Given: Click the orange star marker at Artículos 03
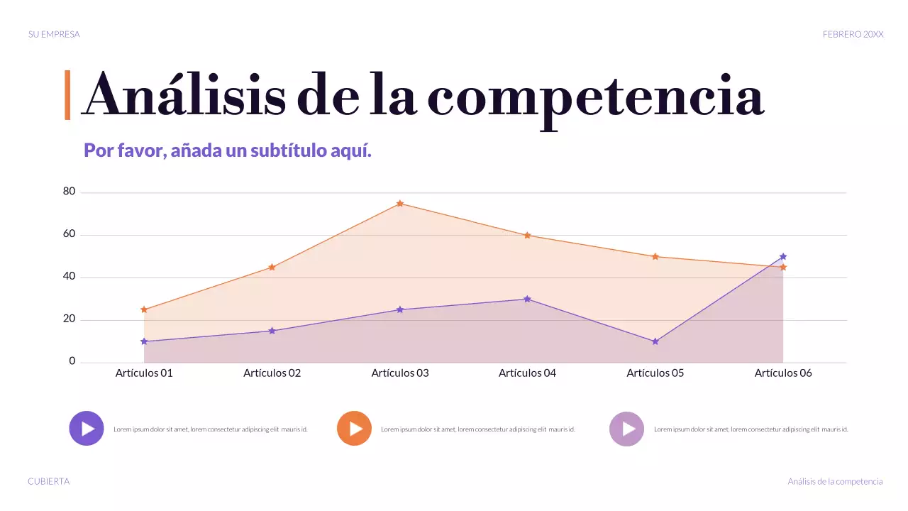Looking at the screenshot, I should (x=400, y=204).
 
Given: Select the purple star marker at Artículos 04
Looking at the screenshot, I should (x=527, y=299).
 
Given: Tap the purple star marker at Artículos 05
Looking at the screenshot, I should (x=655, y=341).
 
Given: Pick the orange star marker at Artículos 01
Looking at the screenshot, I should (x=144, y=309).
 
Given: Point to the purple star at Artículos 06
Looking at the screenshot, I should (x=783, y=256).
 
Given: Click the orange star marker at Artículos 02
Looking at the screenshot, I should (x=272, y=267).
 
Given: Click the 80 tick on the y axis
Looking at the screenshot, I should (x=69, y=191).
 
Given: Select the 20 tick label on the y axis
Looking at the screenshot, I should (x=69, y=319).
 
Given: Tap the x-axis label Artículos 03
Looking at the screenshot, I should (x=400, y=373).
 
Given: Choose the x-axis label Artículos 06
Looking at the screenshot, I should (x=783, y=373).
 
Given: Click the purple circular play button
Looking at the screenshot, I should (x=87, y=429).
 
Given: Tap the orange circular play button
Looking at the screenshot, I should (x=354, y=429).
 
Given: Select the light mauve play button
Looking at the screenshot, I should (x=627, y=429).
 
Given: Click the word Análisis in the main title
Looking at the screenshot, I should (x=184, y=96).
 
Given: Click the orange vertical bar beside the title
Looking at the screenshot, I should (x=67, y=94).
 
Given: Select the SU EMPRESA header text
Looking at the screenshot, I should (x=54, y=34).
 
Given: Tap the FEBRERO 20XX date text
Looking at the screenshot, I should (x=853, y=34).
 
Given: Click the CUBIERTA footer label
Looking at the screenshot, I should (x=49, y=481).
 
